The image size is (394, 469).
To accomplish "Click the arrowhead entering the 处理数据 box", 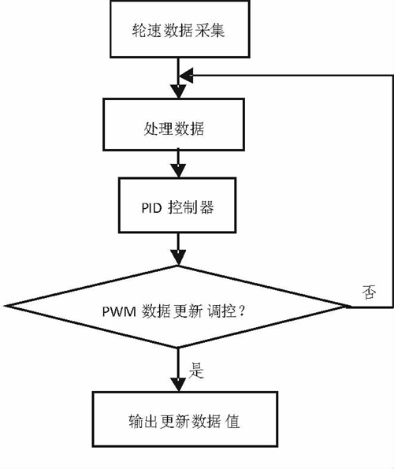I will [x=180, y=95].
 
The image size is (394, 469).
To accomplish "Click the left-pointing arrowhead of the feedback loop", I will [x=186, y=75].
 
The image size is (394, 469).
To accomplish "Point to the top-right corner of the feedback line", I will [x=392, y=75].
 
